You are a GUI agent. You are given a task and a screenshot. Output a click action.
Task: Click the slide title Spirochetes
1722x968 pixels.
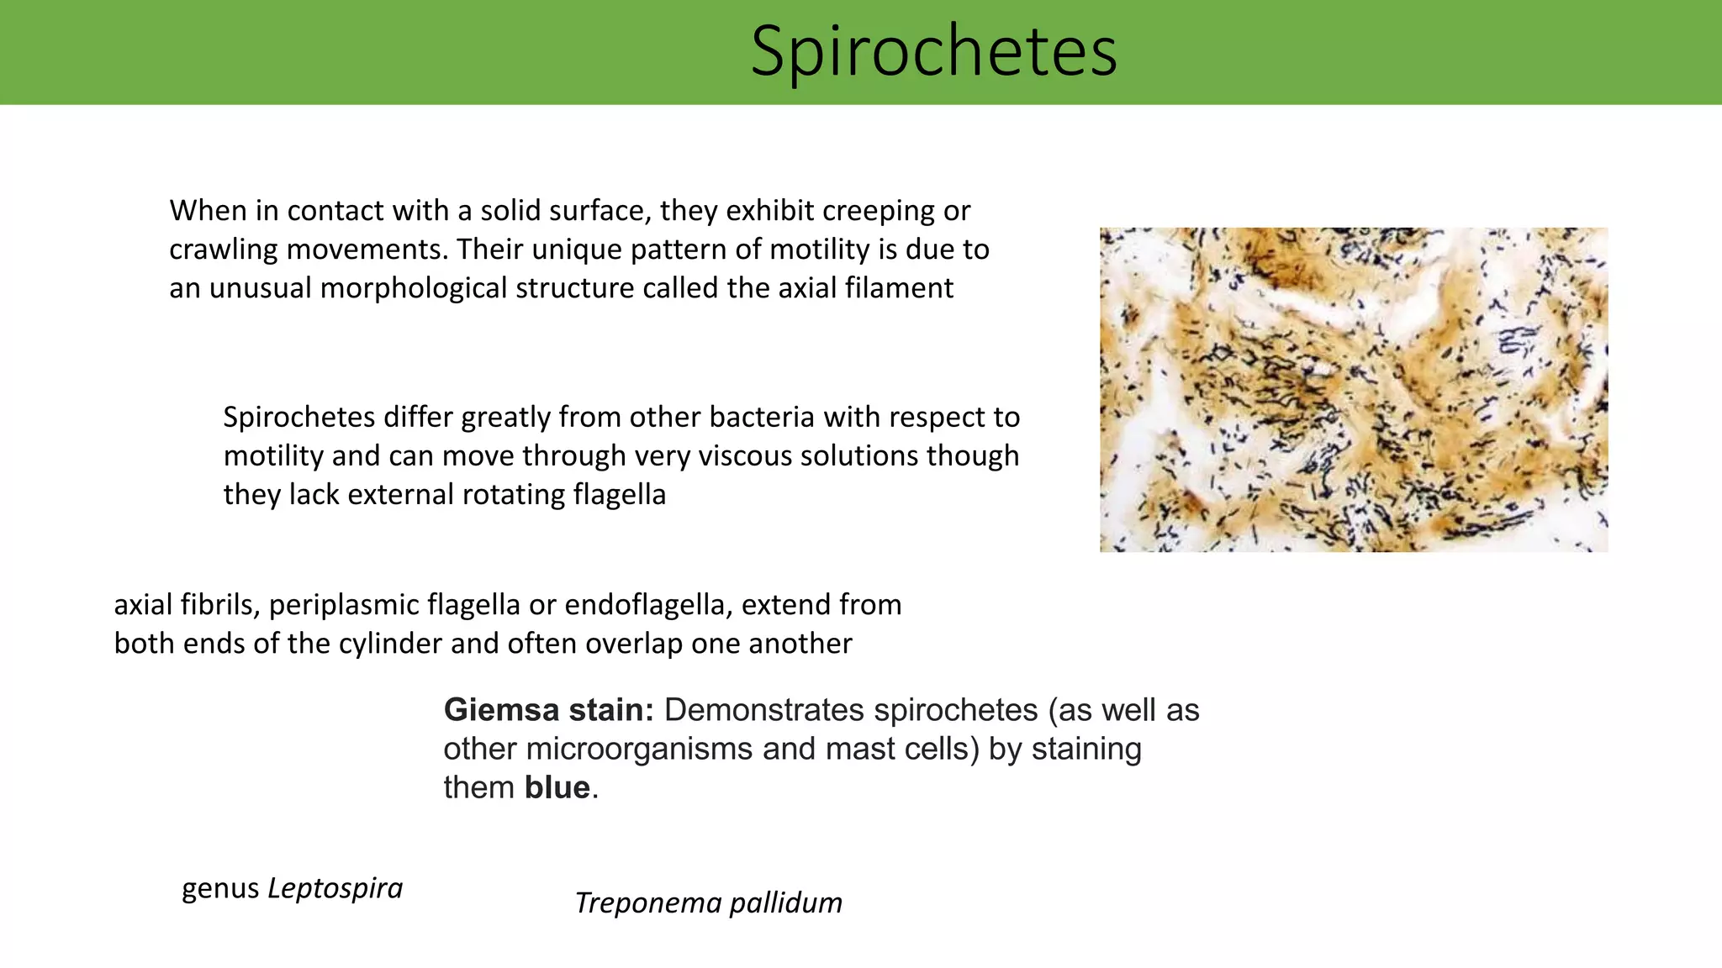point(933,52)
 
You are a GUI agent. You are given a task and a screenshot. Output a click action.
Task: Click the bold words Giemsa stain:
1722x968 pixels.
point(548,710)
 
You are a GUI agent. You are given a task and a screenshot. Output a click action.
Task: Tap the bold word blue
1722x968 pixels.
point(557,787)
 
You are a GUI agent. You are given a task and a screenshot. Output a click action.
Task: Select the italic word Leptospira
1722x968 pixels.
point(335,888)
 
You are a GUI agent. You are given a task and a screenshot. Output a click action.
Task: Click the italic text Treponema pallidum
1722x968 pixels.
point(708,903)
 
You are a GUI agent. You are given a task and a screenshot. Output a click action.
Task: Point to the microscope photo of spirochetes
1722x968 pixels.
point(1353,389)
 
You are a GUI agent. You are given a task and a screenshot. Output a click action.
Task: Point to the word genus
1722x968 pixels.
point(220,888)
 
